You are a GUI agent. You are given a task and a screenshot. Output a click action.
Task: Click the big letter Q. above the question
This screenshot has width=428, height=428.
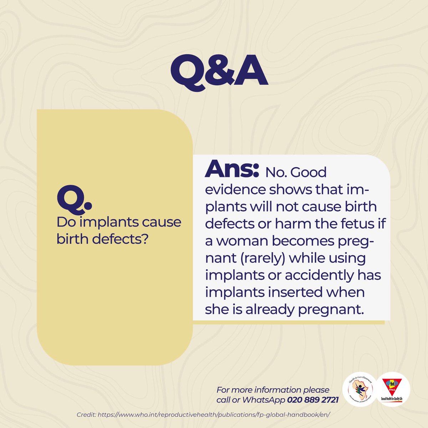point(74,199)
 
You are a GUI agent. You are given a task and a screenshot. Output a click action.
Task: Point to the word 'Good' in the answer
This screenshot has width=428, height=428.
point(309,172)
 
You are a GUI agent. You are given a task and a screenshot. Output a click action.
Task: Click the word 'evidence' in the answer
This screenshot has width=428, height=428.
point(235,189)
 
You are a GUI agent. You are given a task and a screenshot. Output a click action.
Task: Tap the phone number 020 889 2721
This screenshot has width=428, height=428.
point(313,400)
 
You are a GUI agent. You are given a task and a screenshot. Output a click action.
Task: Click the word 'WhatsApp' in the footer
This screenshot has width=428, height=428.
point(264,400)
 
